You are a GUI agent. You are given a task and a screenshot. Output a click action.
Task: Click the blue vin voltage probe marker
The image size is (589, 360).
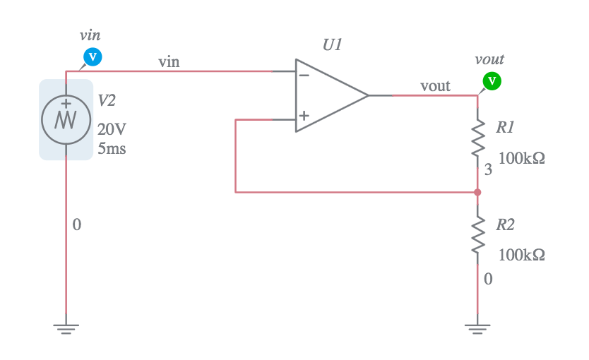(x=93, y=56)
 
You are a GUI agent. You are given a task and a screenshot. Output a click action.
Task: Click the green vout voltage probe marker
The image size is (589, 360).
(x=492, y=81)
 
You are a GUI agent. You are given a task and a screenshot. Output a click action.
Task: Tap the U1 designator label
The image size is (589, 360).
(x=332, y=44)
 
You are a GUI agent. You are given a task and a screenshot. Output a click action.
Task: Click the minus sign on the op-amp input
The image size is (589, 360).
(x=304, y=74)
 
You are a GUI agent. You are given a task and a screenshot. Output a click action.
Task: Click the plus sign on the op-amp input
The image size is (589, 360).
(x=304, y=116)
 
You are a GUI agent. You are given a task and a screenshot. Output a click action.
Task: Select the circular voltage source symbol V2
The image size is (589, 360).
(x=66, y=119)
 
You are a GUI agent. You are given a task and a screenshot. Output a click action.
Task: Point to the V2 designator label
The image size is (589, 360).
(x=106, y=101)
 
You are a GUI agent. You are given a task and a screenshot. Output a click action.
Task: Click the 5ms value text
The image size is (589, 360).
(x=112, y=149)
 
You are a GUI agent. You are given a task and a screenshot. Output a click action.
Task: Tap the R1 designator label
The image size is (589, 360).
(x=505, y=128)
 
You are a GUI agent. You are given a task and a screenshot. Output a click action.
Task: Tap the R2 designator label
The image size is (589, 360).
(x=505, y=225)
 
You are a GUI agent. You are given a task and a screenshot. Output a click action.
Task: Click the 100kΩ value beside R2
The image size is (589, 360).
(x=521, y=255)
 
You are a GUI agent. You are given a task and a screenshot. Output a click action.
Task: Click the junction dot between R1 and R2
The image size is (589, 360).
(x=478, y=192)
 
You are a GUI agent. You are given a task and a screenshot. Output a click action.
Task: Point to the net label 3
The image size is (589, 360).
(x=487, y=170)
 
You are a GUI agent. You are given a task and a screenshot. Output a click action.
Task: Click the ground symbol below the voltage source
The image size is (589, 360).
(x=66, y=328)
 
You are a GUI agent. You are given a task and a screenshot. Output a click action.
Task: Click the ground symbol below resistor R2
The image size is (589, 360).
(x=478, y=328)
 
